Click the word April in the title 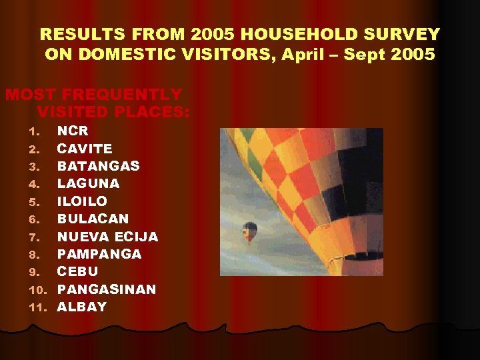305,54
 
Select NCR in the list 73,131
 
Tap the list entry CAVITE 85,148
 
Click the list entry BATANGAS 98,165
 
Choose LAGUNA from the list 88,183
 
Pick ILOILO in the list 82,201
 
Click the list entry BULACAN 93,219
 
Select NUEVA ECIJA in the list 107,237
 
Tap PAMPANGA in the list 99,254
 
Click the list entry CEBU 77,271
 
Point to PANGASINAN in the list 106,289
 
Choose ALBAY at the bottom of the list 81,307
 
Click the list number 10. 39,290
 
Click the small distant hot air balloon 250,231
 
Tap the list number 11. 39,307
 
